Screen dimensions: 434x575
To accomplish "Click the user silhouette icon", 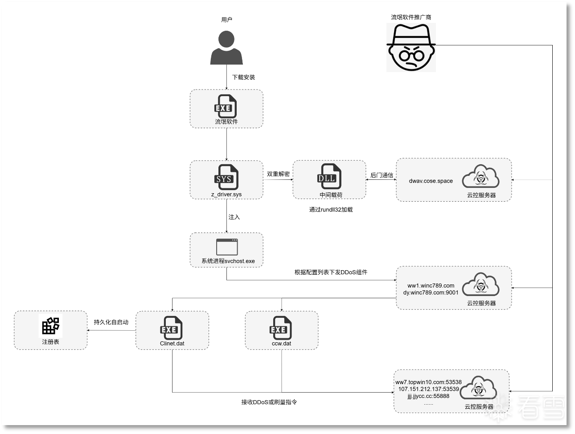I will [x=226, y=48].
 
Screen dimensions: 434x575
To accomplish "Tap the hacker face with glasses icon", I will [x=411, y=47].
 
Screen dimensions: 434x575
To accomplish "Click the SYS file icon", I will [x=226, y=177].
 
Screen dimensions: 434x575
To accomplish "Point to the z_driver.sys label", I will [x=226, y=195].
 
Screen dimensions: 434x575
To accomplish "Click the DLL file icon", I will [x=329, y=177].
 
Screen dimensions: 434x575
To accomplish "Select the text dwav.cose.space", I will [x=431, y=181].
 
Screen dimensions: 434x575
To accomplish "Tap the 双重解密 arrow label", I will [x=278, y=174].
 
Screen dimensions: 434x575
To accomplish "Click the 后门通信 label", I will [x=382, y=175].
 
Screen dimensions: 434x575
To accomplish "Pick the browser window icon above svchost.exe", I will [x=226, y=247].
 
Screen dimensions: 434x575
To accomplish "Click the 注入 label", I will [x=234, y=217].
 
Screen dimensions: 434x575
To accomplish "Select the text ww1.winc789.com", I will [x=431, y=286].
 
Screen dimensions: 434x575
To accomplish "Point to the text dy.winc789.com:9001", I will [x=431, y=292].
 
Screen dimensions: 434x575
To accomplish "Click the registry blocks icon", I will [x=50, y=326].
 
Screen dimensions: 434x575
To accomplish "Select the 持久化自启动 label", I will [x=111, y=322].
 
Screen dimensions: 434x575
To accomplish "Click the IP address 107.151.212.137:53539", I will [x=428, y=389].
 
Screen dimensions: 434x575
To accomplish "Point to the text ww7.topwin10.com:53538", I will [x=428, y=382].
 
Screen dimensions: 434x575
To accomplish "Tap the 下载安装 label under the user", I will [x=243, y=77].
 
